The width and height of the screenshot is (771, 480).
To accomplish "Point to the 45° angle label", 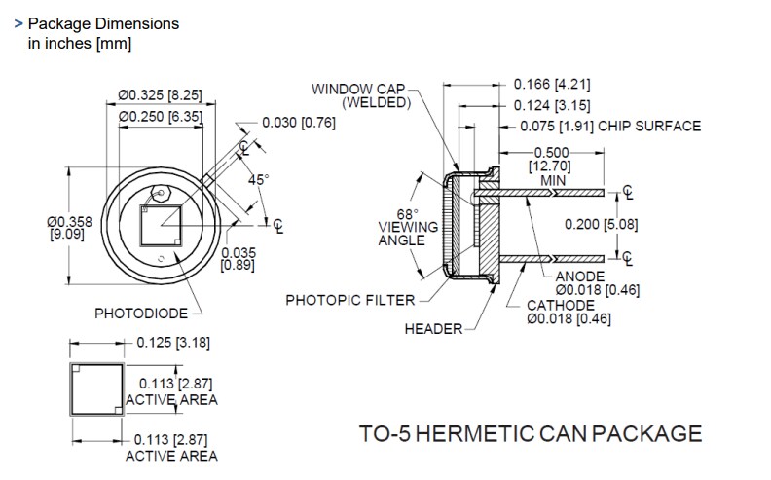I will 258,180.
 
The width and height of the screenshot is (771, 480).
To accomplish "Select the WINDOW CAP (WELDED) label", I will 359,95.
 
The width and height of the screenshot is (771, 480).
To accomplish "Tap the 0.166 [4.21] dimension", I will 552,85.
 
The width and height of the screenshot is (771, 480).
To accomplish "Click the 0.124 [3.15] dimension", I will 552,105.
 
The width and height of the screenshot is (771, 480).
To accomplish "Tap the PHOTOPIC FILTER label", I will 349,300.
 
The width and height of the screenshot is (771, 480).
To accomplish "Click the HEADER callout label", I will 433,329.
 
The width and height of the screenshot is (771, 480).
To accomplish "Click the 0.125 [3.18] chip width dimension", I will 171,342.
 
